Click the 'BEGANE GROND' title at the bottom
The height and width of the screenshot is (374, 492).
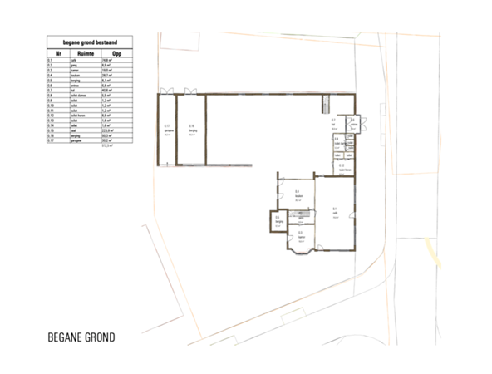point(81,338)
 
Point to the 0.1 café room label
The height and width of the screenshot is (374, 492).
point(334,209)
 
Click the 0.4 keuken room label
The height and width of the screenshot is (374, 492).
point(297,194)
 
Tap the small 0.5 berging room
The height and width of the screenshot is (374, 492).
point(278,221)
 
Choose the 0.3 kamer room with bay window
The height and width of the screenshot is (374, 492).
point(301,235)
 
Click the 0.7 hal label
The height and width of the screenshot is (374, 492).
point(332,122)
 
